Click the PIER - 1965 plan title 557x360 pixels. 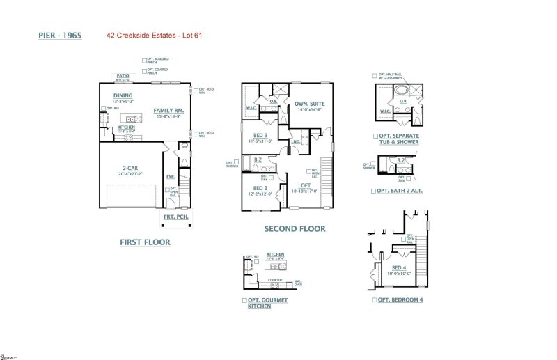[x=60, y=34]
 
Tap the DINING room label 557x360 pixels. [x=123, y=96]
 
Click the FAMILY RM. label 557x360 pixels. [x=168, y=111]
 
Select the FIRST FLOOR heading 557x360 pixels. [x=146, y=242]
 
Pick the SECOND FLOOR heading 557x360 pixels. [x=295, y=228]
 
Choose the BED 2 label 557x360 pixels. [x=260, y=188]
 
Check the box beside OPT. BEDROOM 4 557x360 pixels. [x=374, y=299]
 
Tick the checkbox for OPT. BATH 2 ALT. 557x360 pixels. [x=374, y=190]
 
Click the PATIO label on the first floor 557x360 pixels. [x=123, y=75]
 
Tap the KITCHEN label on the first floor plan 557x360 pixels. [x=126, y=127]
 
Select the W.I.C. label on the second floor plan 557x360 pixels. [x=252, y=109]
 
